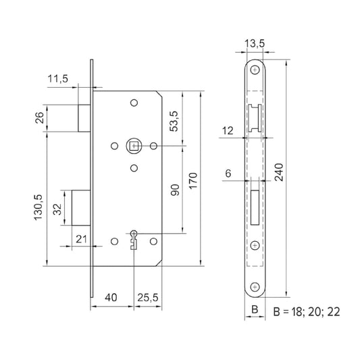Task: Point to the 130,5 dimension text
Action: [x=39, y=201]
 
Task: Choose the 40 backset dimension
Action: [x=112, y=297]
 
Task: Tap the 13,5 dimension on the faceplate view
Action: [x=254, y=45]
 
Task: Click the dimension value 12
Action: [x=228, y=128]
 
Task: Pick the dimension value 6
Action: [x=228, y=174]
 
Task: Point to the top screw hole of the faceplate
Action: [x=255, y=70]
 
